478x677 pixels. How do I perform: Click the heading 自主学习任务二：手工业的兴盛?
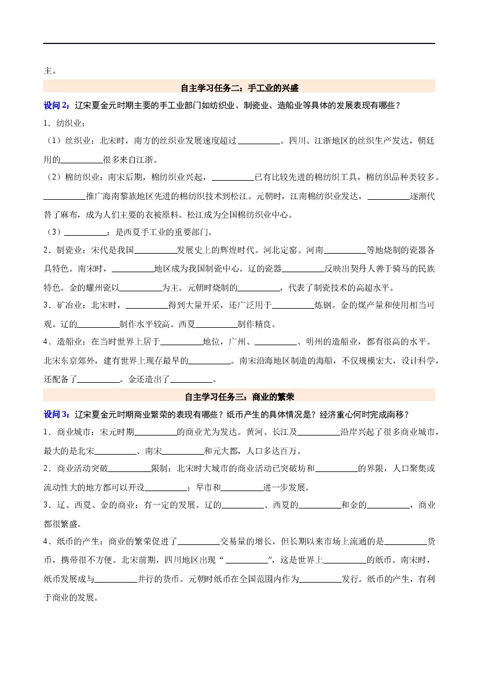[x=239, y=88]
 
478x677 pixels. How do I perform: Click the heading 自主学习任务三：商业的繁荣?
[x=239, y=397]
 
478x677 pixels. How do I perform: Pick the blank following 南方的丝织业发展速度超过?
[x=259, y=142]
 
